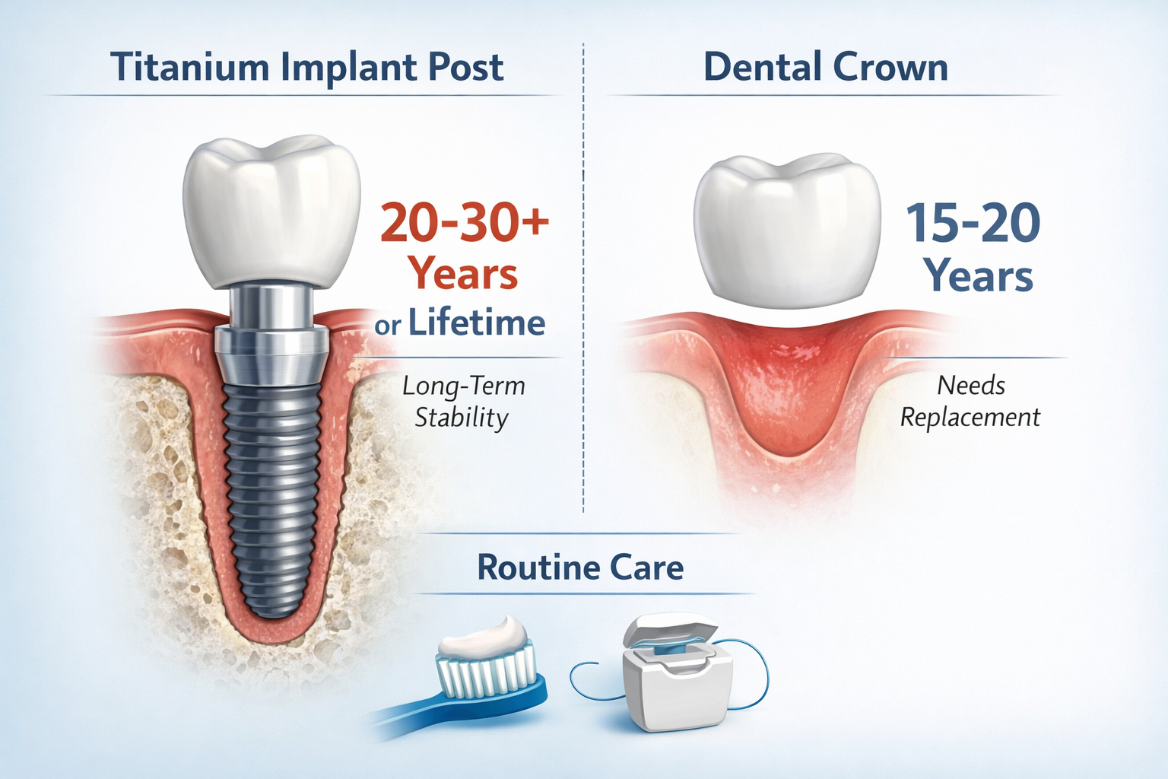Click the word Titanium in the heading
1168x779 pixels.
pyautogui.click(x=191, y=67)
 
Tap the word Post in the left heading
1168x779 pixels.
pyautogui.click(x=465, y=67)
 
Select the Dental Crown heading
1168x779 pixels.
pyautogui.click(x=825, y=67)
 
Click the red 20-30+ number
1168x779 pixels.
pyautogui.click(x=464, y=222)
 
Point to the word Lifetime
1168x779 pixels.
pyautogui.click(x=477, y=323)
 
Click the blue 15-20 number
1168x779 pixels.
pyautogui.click(x=973, y=223)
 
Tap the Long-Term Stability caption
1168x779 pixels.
pyautogui.click(x=462, y=402)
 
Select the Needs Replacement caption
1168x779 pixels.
pyautogui.click(x=970, y=402)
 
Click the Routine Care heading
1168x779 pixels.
pyautogui.click(x=580, y=568)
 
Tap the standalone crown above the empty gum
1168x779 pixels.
pyautogui.click(x=787, y=228)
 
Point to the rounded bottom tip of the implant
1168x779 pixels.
pyautogui.click(x=271, y=605)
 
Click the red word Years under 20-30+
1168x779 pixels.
pyautogui.click(x=462, y=274)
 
